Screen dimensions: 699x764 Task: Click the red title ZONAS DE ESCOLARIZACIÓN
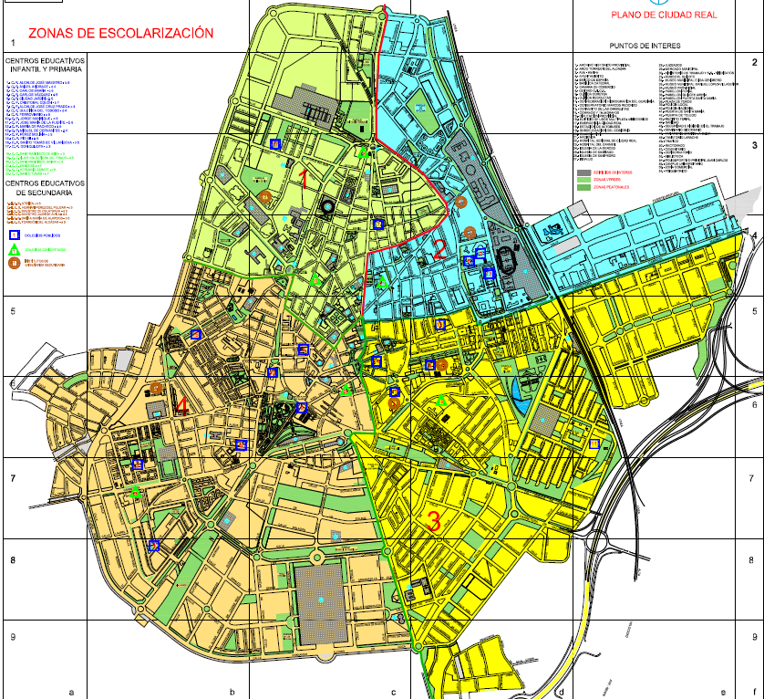point(121,34)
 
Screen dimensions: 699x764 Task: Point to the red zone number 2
point(440,248)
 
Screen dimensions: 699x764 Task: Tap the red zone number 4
point(182,406)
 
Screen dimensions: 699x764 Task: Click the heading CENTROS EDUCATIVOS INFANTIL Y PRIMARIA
point(45,67)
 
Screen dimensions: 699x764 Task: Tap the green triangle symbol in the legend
point(14,248)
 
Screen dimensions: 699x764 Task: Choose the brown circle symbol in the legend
point(14,263)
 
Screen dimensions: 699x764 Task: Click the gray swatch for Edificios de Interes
point(583,172)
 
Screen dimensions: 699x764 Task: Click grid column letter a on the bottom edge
point(70,692)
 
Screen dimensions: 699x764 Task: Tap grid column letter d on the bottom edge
point(563,692)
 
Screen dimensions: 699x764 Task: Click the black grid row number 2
point(755,62)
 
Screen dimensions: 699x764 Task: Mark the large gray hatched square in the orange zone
point(321,602)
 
